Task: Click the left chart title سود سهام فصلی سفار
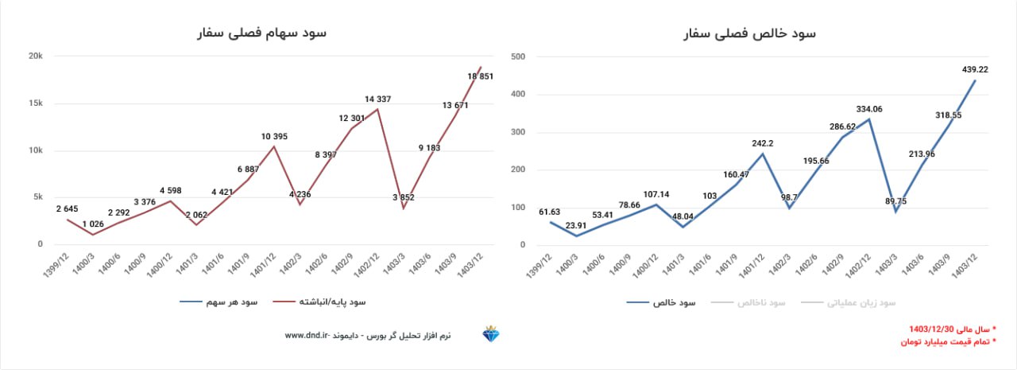pos(261,33)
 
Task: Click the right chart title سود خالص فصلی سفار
pos(750,33)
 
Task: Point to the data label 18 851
pos(481,76)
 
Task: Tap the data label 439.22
pos(974,69)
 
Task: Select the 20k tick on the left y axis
pos(35,56)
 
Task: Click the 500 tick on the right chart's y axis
pos(518,56)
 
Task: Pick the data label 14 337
pos(377,99)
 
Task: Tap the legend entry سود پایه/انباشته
pos(332,302)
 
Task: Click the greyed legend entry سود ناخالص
pos(761,303)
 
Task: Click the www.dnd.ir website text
pos(307,336)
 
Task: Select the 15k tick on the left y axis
pos(35,103)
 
